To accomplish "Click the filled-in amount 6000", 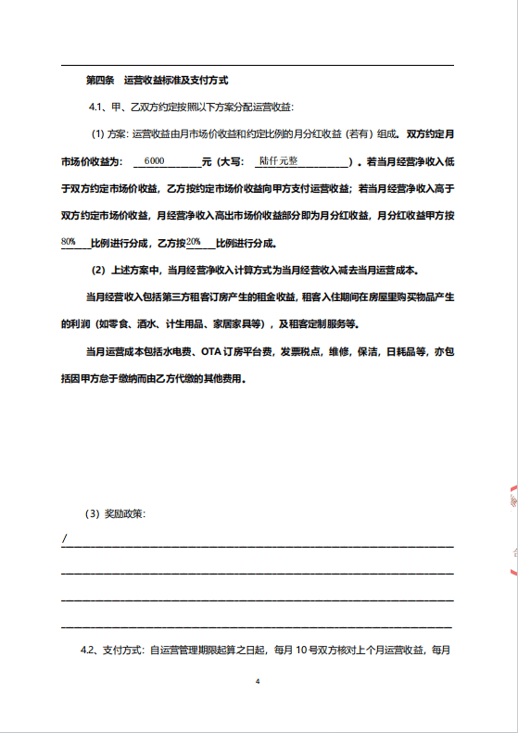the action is [155, 160].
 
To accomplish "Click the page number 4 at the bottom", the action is [259, 681].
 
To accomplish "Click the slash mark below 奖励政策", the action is [64, 539].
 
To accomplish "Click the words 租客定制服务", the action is [323, 324].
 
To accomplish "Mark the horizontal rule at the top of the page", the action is [258, 66].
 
